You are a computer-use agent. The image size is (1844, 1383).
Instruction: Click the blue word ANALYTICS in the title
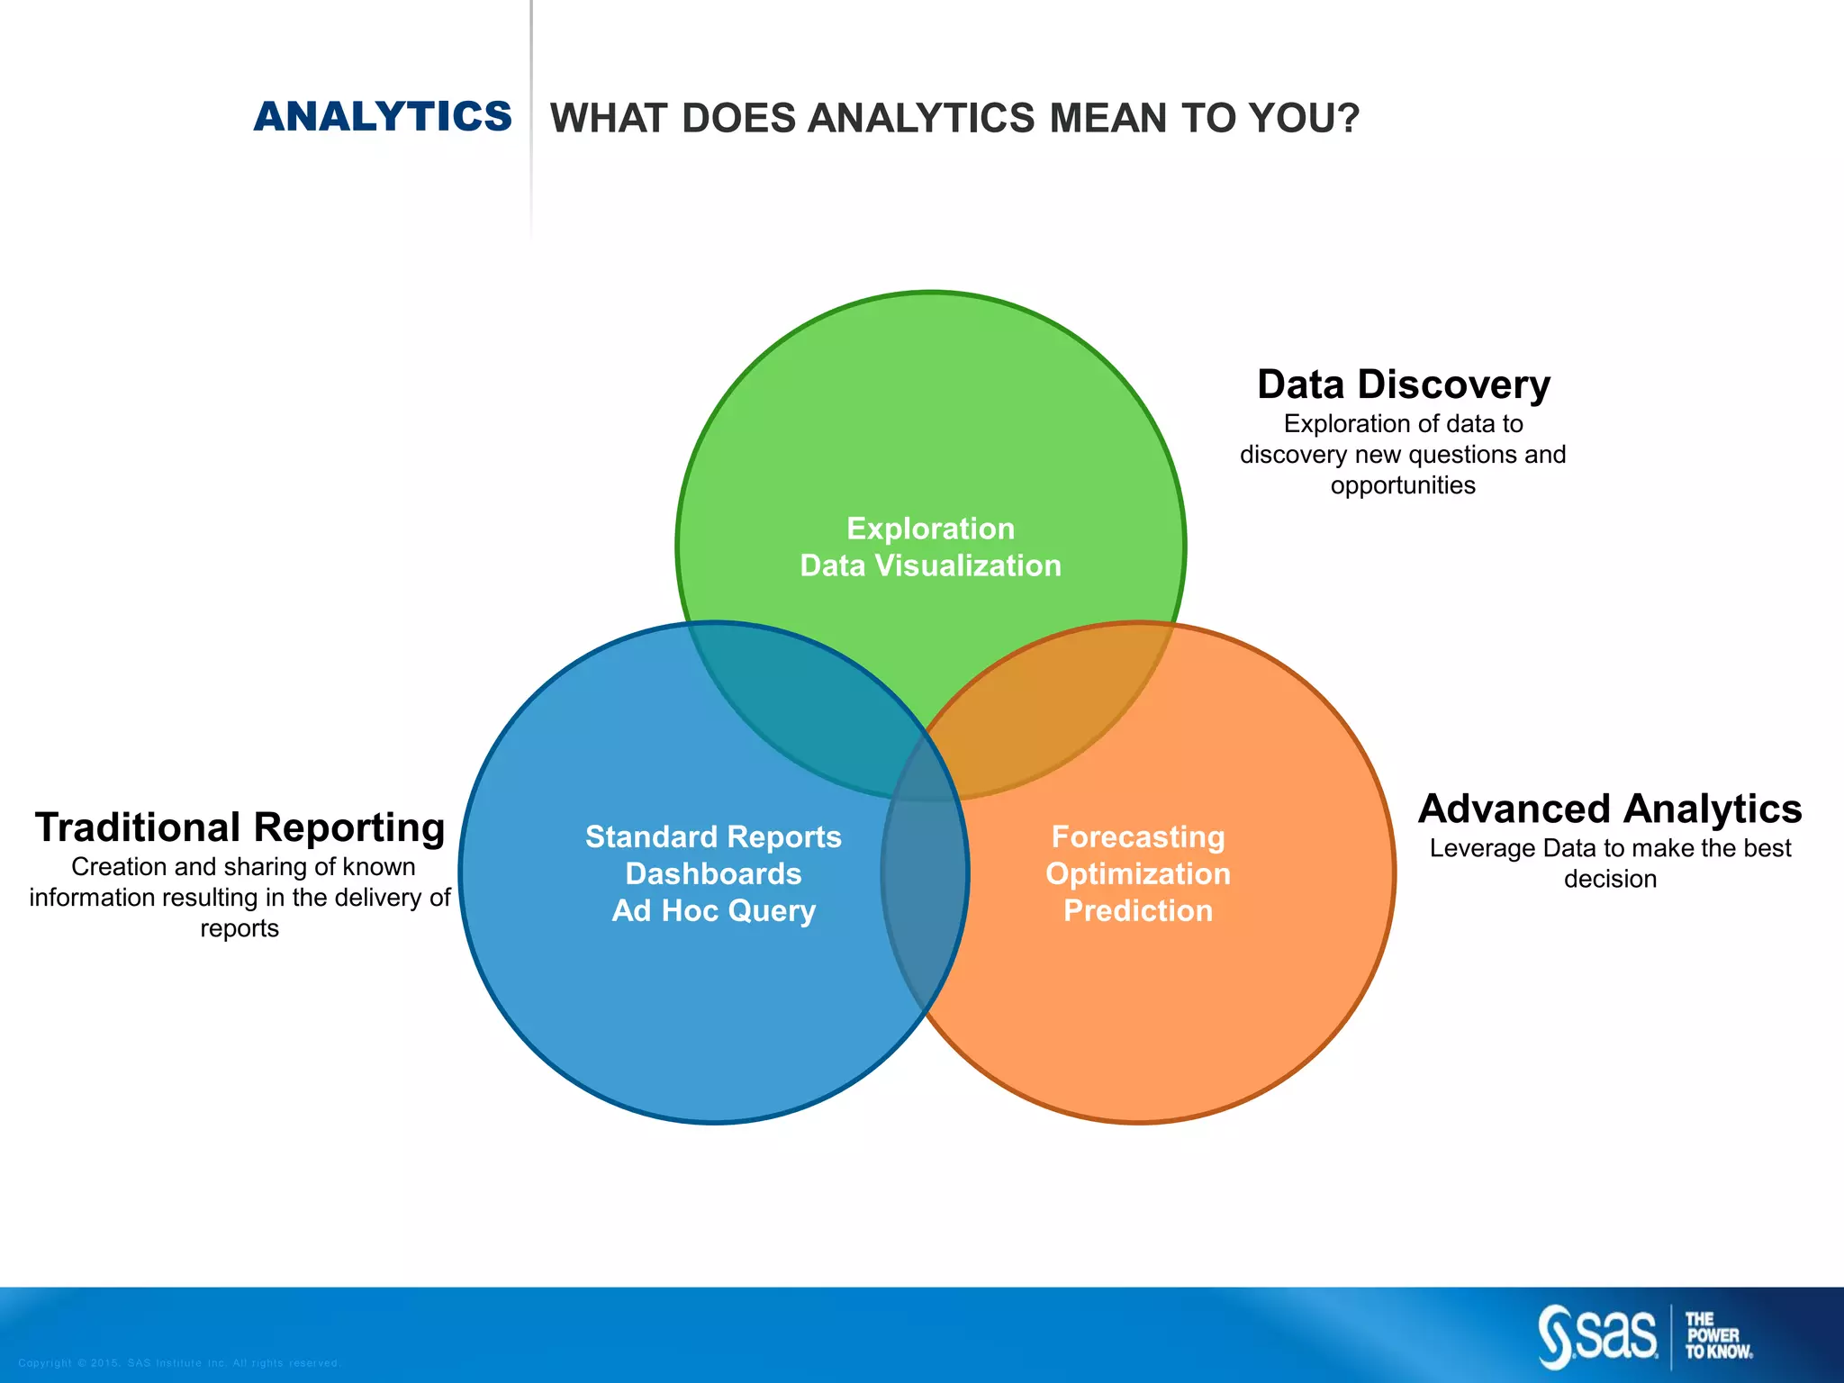pyautogui.click(x=383, y=117)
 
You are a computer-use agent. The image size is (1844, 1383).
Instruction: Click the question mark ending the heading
pyautogui.click(x=1348, y=118)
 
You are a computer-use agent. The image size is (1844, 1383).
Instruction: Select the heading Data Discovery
pyautogui.click(x=1403, y=384)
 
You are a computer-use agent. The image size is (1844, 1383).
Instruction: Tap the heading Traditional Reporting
pyautogui.click(x=240, y=827)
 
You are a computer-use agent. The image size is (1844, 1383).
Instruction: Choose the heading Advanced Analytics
pyautogui.click(x=1609, y=809)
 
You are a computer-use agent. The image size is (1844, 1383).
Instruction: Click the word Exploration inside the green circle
pyautogui.click(x=930, y=529)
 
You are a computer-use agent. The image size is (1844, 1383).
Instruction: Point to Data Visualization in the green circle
pyautogui.click(x=930, y=565)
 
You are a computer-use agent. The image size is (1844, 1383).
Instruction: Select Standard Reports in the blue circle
pyautogui.click(x=713, y=836)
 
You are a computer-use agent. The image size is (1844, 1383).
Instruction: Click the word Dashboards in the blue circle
pyautogui.click(x=713, y=873)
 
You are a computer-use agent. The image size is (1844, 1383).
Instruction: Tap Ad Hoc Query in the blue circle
pyautogui.click(x=713, y=910)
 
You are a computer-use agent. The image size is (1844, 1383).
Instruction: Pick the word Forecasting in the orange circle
pyautogui.click(x=1138, y=836)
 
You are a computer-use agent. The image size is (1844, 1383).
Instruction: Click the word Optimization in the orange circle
pyautogui.click(x=1138, y=873)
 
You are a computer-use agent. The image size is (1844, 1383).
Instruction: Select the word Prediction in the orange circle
pyautogui.click(x=1138, y=910)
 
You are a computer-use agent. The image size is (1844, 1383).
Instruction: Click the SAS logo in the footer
pyautogui.click(x=1598, y=1336)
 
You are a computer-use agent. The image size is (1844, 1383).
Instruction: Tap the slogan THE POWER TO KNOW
pyautogui.click(x=1718, y=1336)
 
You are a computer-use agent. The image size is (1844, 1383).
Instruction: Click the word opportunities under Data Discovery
pyautogui.click(x=1403, y=485)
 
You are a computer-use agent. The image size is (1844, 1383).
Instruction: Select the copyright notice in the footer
pyautogui.click(x=178, y=1363)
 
